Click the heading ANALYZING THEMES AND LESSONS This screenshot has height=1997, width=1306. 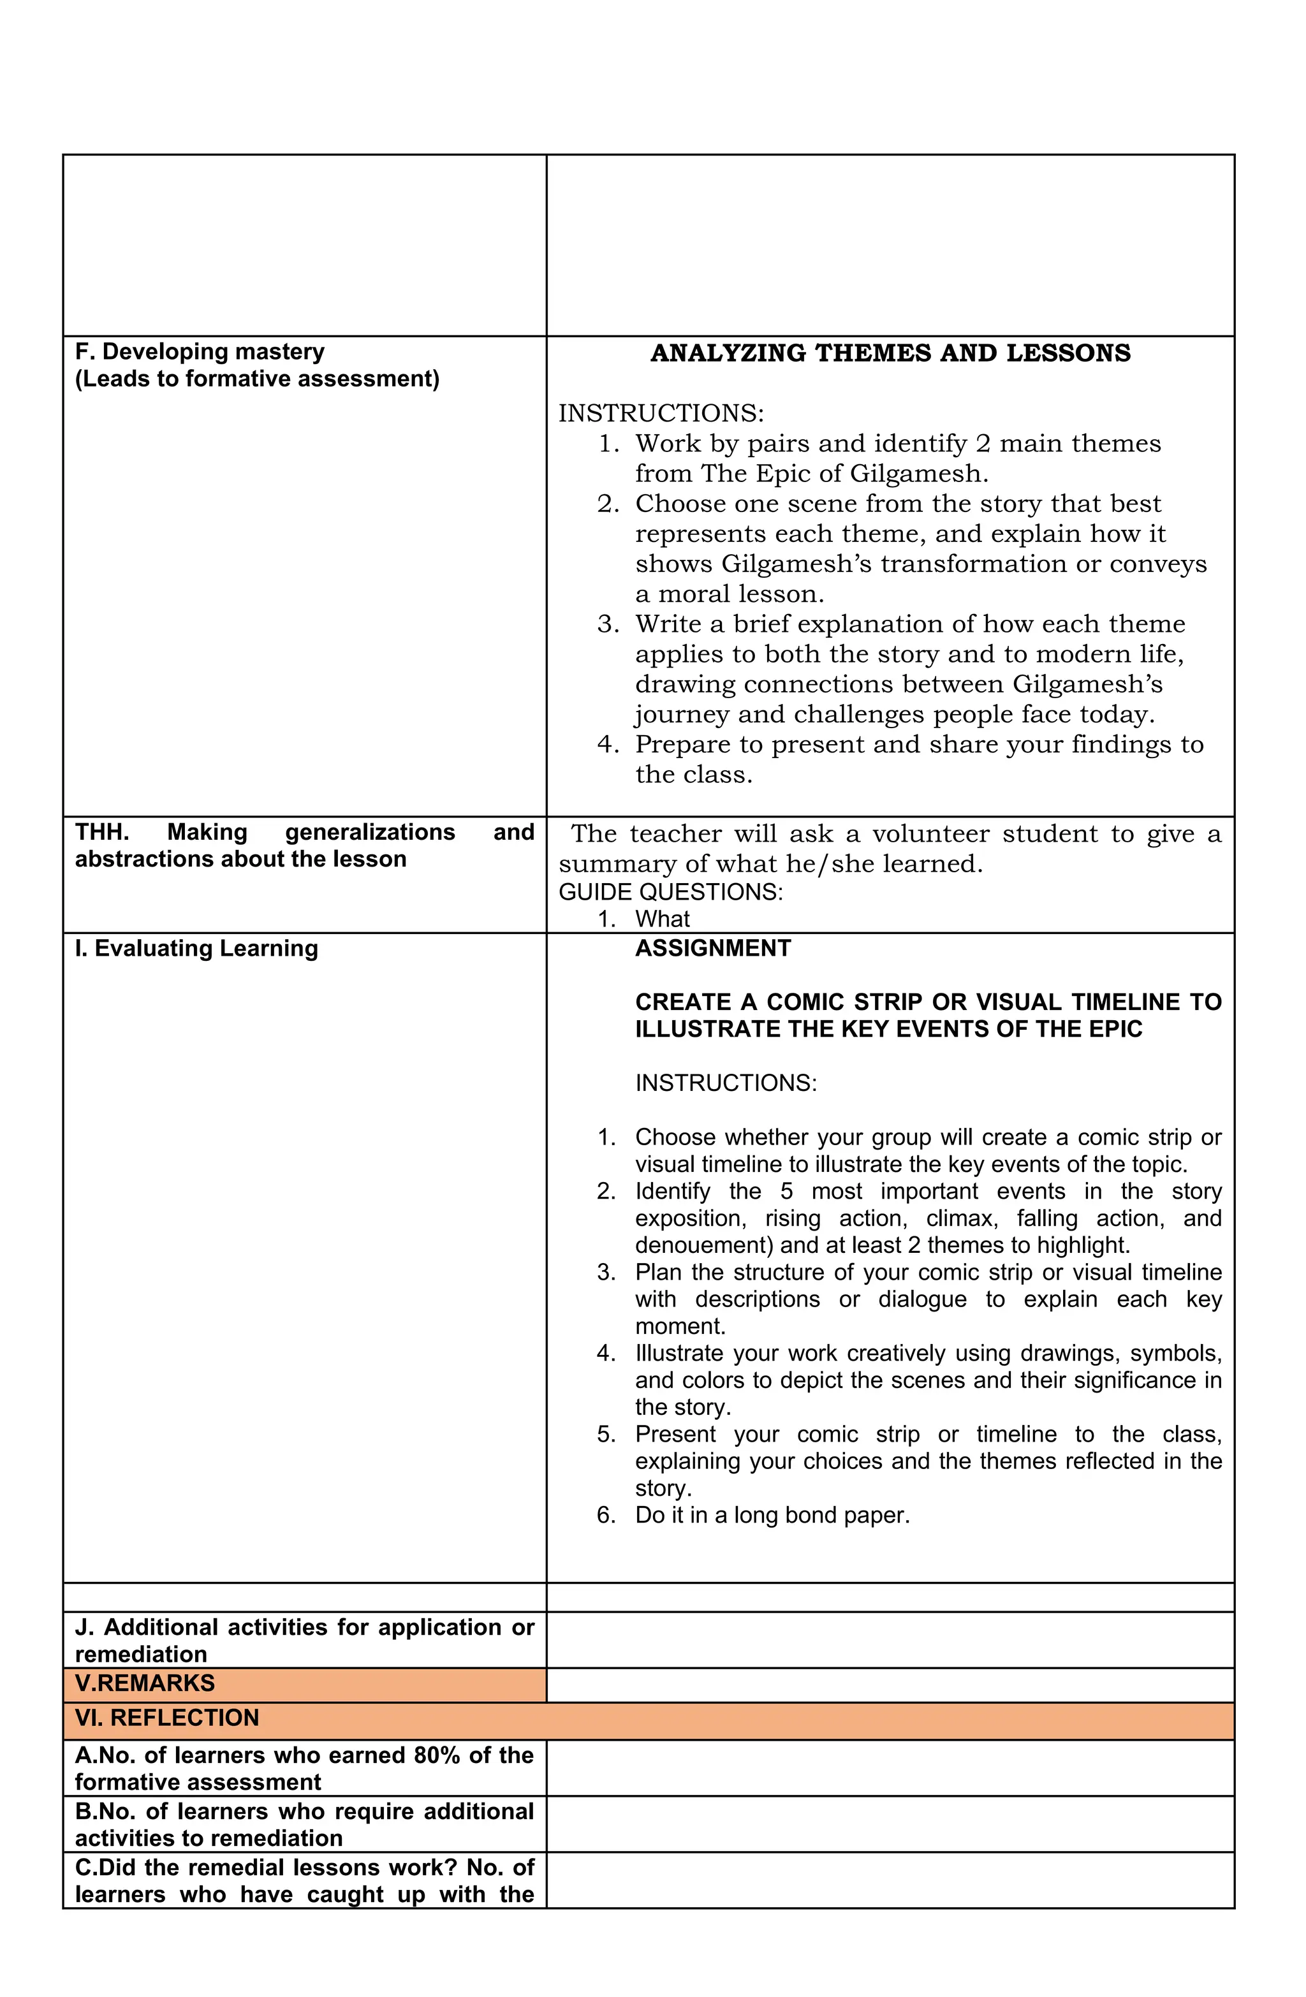[x=890, y=353]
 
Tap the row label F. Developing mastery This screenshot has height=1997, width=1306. [x=200, y=351]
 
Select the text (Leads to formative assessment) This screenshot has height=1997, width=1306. [x=257, y=379]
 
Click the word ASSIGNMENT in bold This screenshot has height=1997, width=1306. [x=712, y=948]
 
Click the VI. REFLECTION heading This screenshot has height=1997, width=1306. [x=167, y=1718]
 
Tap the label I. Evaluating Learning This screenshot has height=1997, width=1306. [x=196, y=948]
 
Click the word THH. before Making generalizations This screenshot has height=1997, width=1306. [x=101, y=832]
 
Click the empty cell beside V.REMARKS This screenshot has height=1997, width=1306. [x=890, y=1684]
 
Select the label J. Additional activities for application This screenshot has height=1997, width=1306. [x=304, y=1627]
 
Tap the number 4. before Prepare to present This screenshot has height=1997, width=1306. [x=608, y=744]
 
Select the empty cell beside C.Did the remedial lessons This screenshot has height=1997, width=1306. [x=890, y=1880]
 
